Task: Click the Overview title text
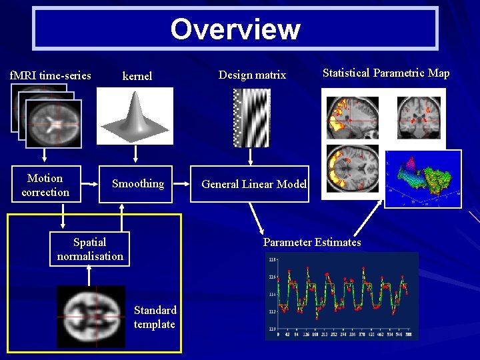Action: click(x=235, y=29)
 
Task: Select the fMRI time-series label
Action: click(x=51, y=75)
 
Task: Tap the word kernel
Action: click(x=137, y=76)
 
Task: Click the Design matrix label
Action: click(x=252, y=75)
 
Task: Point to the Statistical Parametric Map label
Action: click(x=386, y=73)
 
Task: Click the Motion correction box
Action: click(x=45, y=185)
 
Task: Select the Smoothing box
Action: click(x=137, y=184)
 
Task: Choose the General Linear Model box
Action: click(x=253, y=185)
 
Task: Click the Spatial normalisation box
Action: click(x=90, y=249)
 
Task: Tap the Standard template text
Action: click(x=155, y=317)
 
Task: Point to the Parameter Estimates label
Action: click(x=312, y=242)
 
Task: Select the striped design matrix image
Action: click(x=251, y=117)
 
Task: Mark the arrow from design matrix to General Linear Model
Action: click(x=251, y=156)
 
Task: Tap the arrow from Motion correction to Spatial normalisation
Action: click(x=64, y=215)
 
